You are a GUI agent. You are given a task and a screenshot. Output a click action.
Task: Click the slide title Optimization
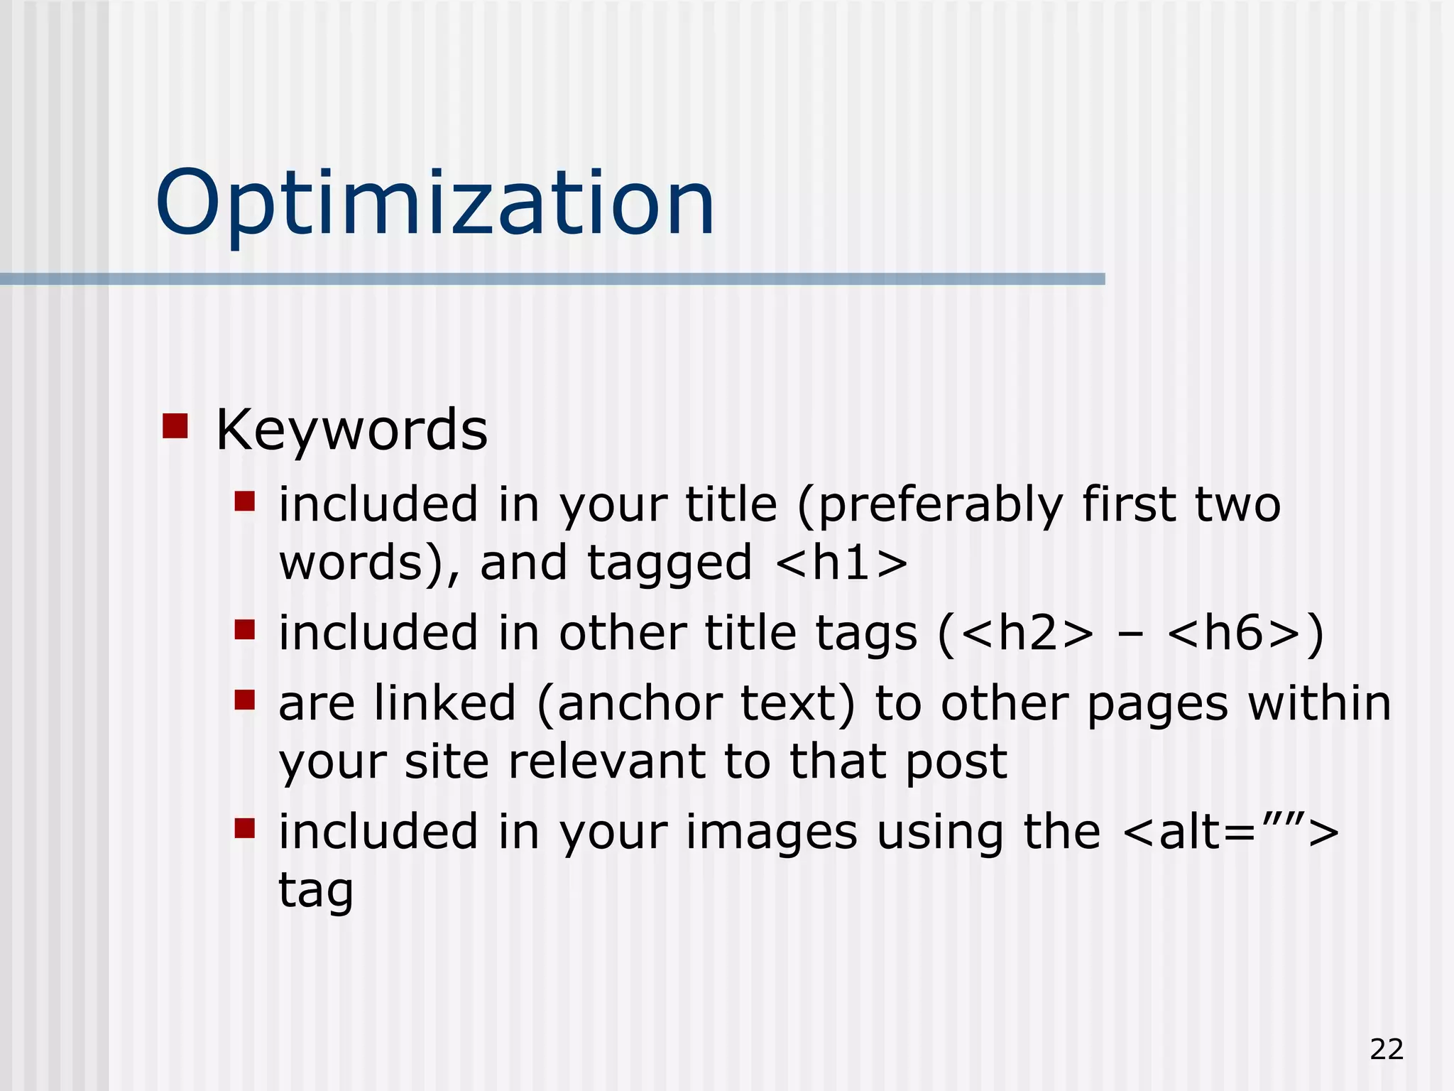click(x=434, y=203)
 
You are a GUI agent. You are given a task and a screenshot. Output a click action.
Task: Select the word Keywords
click(x=351, y=430)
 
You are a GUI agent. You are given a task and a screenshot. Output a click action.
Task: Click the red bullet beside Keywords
click(x=175, y=426)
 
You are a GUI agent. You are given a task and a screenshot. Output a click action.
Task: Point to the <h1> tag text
click(x=842, y=563)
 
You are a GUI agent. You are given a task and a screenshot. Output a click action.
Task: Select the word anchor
click(x=636, y=704)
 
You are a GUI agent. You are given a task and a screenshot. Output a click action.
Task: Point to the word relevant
click(x=606, y=761)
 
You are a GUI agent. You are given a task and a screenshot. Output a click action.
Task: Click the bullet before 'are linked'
click(x=245, y=700)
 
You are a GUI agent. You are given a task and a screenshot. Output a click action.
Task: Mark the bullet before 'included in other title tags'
click(x=245, y=629)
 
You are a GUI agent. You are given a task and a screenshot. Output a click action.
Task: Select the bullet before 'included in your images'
click(x=245, y=828)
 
